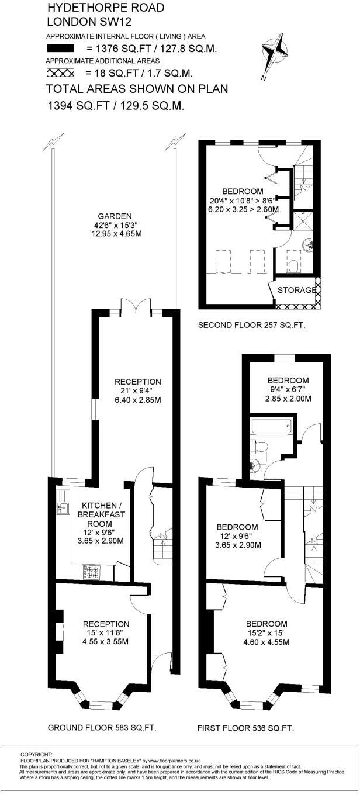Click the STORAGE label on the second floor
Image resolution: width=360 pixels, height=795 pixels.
[296, 291]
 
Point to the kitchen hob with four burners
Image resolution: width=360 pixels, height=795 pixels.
[92, 571]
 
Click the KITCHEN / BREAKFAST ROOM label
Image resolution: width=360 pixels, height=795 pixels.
[103, 514]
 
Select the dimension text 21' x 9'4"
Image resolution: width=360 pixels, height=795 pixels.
[137, 391]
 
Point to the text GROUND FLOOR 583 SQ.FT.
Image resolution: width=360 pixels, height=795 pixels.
[102, 728]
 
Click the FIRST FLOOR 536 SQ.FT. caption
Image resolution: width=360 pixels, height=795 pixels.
[245, 728]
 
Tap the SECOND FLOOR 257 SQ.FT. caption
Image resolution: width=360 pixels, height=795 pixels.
[252, 325]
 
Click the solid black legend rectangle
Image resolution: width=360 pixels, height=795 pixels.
[61, 49]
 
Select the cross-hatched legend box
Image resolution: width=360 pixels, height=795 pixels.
[61, 73]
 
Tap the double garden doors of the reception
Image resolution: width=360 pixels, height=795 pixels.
[137, 306]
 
